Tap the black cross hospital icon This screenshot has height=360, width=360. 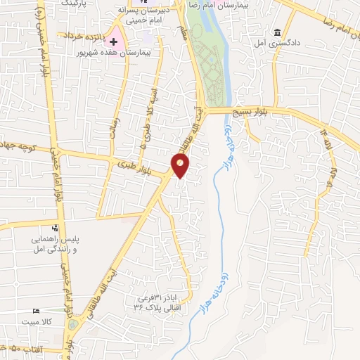114,43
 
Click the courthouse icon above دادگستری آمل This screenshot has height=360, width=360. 278,33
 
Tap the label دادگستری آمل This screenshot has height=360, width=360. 288,44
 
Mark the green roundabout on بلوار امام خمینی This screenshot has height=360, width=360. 73,327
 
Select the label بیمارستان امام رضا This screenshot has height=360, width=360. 207,4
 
